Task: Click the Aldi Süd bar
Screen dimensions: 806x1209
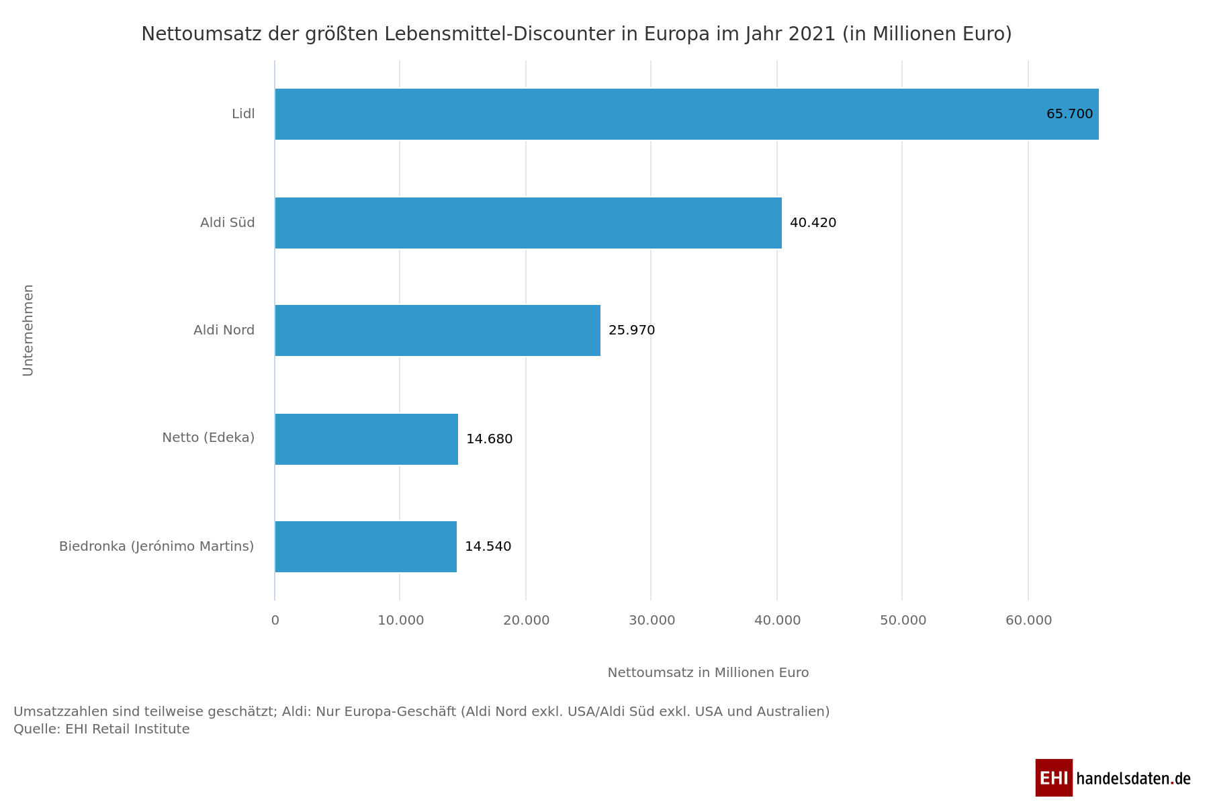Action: (x=528, y=223)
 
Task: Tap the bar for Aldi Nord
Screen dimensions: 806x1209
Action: (x=437, y=330)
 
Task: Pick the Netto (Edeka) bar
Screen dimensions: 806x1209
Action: (x=366, y=439)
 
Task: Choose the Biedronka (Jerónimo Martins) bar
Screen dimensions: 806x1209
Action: (x=365, y=547)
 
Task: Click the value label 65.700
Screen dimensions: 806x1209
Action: (x=1069, y=114)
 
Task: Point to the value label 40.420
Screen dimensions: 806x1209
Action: (x=813, y=223)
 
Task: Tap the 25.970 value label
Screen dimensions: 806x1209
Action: (x=631, y=330)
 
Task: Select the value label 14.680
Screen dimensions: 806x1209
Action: (x=489, y=439)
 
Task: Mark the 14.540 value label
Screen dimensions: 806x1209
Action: (x=488, y=547)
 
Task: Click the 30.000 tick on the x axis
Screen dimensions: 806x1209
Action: (x=652, y=621)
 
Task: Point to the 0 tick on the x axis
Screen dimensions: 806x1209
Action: (x=275, y=621)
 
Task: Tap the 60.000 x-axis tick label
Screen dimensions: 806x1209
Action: (x=1028, y=621)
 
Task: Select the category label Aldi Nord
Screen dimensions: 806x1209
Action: (x=224, y=330)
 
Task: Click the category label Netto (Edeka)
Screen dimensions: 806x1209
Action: (x=208, y=438)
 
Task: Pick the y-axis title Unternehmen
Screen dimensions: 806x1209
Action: (x=28, y=330)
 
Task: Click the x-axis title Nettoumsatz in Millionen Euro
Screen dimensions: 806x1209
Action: (x=708, y=673)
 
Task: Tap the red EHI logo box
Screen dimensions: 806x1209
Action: (x=1053, y=778)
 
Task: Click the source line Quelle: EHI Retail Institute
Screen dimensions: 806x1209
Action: (x=101, y=729)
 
